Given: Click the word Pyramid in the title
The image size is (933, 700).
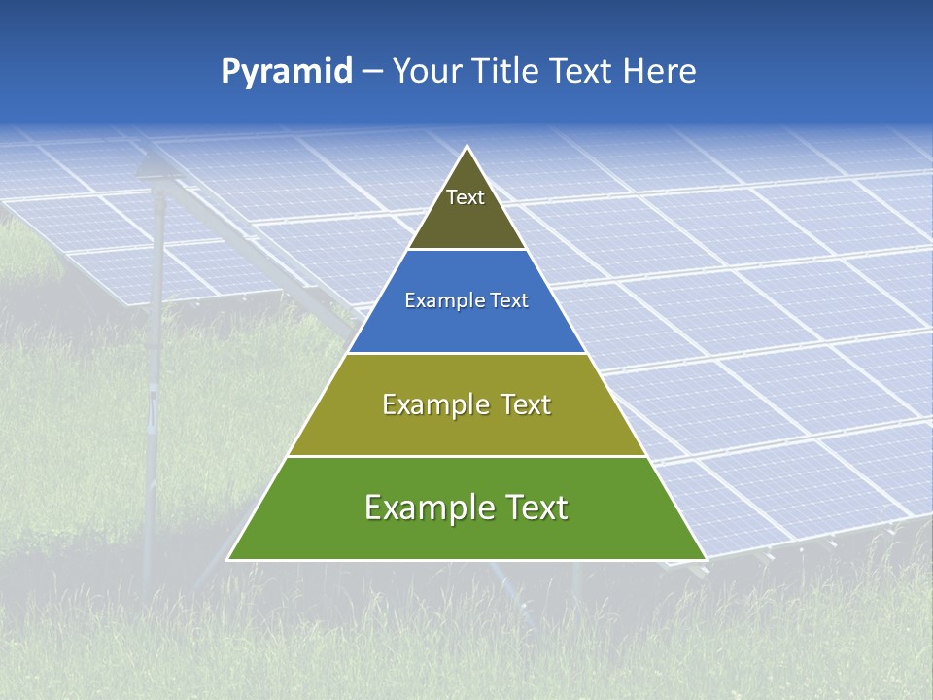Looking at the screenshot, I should (x=286, y=72).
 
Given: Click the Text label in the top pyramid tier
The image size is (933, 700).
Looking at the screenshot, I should (x=466, y=197).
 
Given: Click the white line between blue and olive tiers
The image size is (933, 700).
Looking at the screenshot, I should (x=467, y=353).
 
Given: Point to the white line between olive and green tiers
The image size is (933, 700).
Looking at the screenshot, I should (x=467, y=456).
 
